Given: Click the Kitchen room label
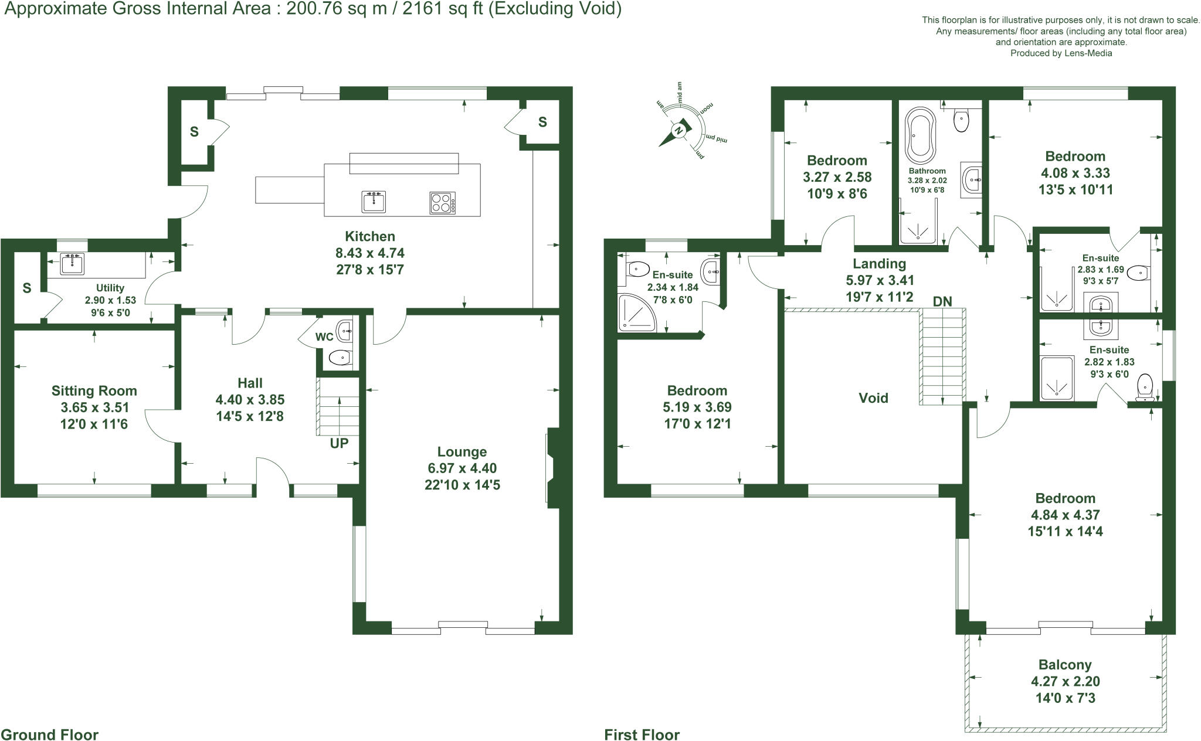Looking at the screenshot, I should [369, 236].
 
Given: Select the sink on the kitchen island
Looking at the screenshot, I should [374, 202].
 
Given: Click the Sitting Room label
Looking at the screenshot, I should [94, 391].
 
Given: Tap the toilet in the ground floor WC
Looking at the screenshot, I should [339, 357].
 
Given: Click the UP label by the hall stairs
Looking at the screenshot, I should [339, 443].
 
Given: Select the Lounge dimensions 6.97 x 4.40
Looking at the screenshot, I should [462, 468].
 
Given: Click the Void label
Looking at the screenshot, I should [873, 398].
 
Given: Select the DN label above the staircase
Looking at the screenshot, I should [942, 301].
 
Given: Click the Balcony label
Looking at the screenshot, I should [1065, 665].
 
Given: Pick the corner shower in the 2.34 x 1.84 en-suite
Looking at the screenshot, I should [636, 312].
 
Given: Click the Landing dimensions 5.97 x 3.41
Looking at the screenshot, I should [879, 280].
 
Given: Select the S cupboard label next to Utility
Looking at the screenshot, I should [26, 288].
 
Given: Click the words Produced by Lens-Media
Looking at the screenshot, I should [1061, 53].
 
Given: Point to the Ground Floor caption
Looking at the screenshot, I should [50, 735].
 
